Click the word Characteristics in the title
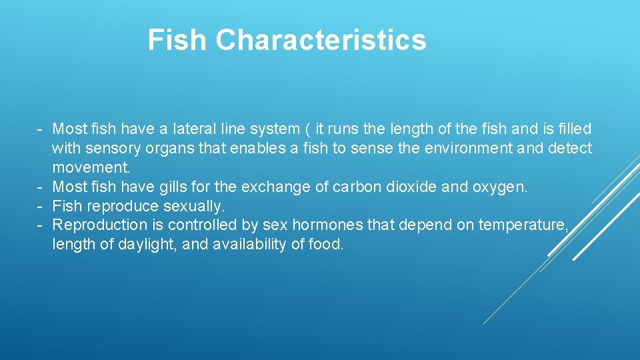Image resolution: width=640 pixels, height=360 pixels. pos(321,40)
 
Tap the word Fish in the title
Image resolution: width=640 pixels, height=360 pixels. pos(177,40)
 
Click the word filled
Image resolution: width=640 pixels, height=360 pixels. pos(573,129)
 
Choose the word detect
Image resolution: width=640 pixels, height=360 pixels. pos(569,148)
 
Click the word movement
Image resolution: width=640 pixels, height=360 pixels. pos(91,167)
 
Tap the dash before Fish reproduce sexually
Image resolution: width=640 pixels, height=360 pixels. pos(41,206)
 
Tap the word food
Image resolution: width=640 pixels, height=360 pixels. pos(326,245)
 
